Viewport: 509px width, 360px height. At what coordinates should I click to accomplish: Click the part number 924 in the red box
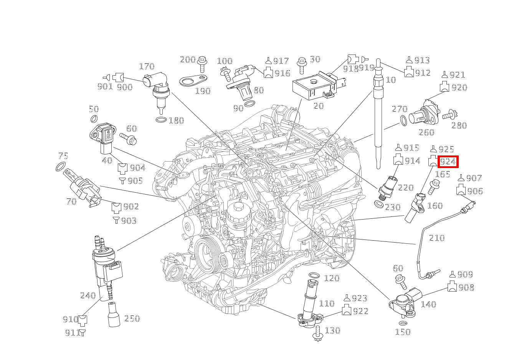click(x=448, y=162)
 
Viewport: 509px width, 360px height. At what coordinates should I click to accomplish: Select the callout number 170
click(x=146, y=67)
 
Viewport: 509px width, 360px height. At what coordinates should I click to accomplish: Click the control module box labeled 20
click(x=313, y=87)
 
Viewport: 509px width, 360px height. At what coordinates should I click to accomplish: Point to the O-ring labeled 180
click(x=162, y=120)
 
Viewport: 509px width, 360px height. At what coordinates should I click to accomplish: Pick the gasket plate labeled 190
click(x=193, y=81)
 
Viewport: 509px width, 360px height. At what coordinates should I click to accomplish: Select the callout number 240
click(x=88, y=296)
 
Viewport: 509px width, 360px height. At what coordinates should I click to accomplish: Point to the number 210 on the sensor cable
click(x=436, y=238)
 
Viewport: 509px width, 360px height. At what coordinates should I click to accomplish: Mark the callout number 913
click(x=422, y=60)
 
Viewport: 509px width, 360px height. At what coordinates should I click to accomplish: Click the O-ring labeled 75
click(x=60, y=167)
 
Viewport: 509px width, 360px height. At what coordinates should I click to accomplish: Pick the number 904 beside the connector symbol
click(x=137, y=168)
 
